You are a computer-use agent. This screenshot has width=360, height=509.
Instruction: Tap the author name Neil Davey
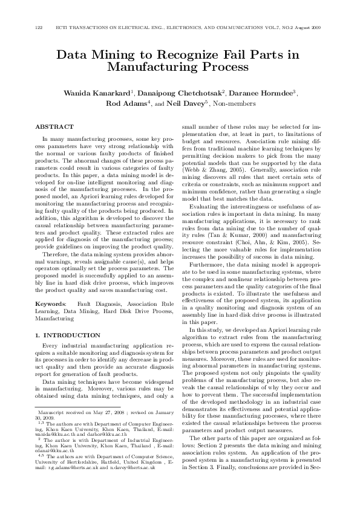pyautogui.click(x=188, y=103)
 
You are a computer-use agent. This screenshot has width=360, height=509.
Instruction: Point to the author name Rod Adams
pyautogui.click(x=123, y=103)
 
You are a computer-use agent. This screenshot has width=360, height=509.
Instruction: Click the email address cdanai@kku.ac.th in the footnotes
pyautogui.click(x=54, y=450)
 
